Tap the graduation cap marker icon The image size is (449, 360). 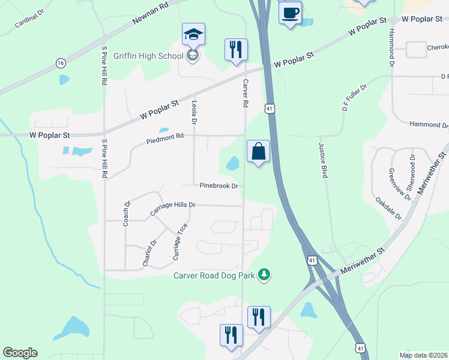pyautogui.click(x=193, y=34)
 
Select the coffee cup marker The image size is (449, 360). pyautogui.click(x=290, y=13)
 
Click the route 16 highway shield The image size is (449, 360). pyautogui.click(x=60, y=62)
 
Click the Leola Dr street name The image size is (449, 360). pyautogui.click(x=194, y=112)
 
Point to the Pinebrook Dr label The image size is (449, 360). pyautogui.click(x=219, y=186)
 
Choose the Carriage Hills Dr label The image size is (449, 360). pyautogui.click(x=172, y=205)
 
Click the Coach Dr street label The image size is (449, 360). pyautogui.click(x=127, y=212)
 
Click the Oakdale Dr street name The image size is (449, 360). pyautogui.click(x=388, y=207)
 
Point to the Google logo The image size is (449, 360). pyautogui.click(x=20, y=353)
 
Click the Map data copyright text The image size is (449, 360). pyautogui.click(x=423, y=355)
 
